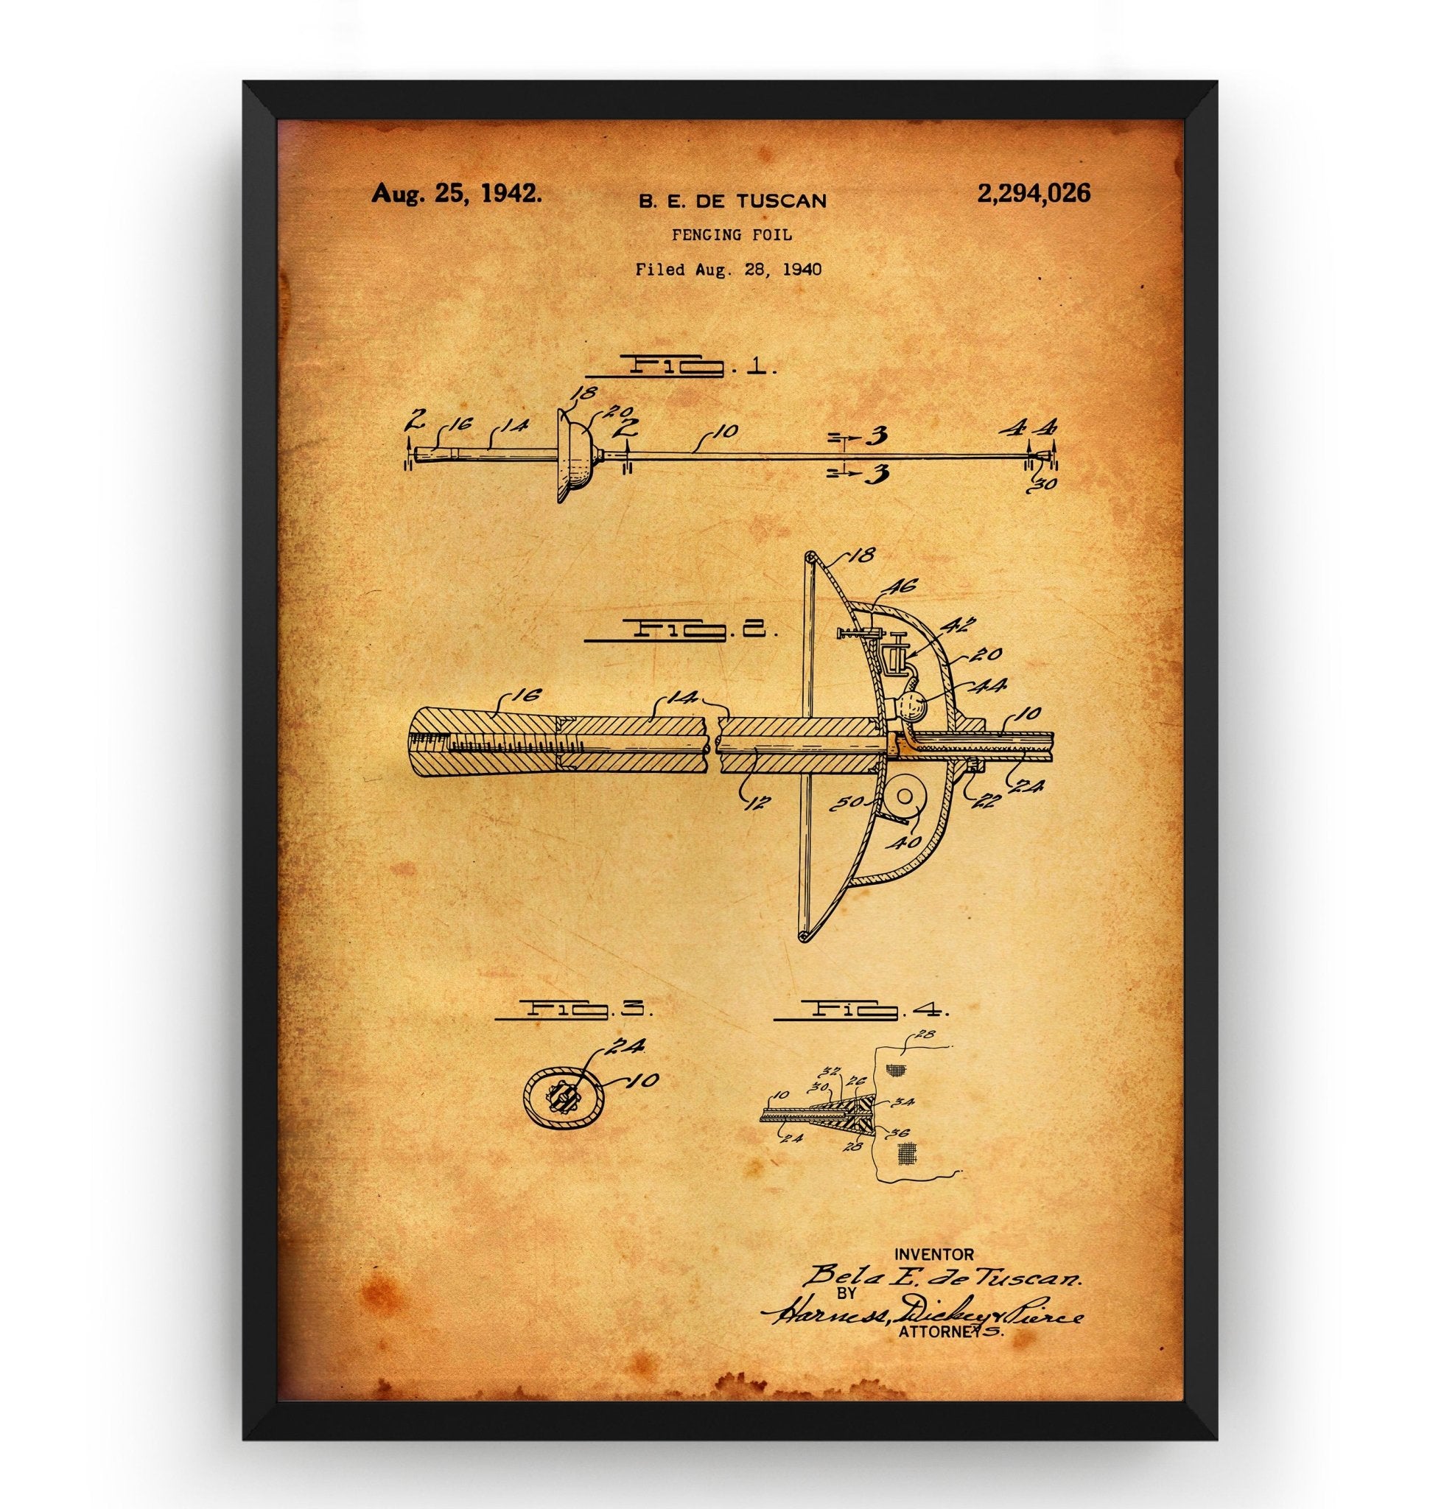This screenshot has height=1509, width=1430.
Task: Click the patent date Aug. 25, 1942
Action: tap(457, 194)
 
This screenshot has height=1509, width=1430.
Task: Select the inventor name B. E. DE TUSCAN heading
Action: tap(732, 201)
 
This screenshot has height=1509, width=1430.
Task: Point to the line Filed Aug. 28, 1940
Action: tap(729, 268)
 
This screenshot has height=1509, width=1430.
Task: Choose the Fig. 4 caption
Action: tap(861, 1009)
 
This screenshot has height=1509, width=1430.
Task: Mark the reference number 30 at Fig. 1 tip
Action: tap(1046, 482)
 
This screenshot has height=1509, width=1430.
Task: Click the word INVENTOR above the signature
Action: tap(933, 1253)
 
